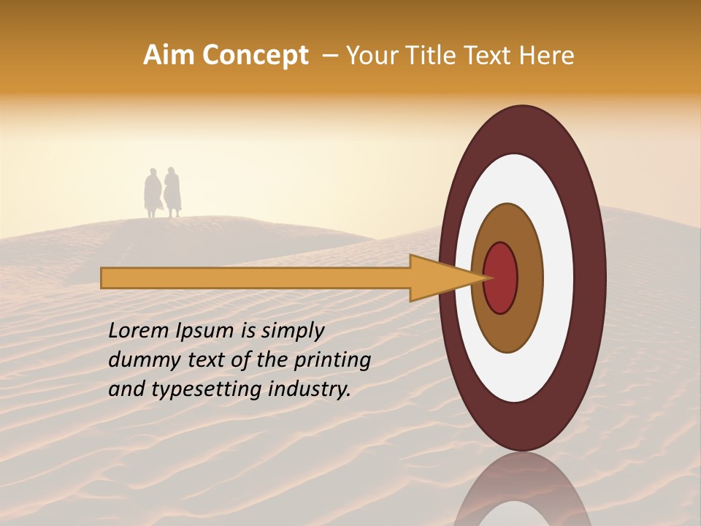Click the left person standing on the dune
153,193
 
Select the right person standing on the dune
172,192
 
